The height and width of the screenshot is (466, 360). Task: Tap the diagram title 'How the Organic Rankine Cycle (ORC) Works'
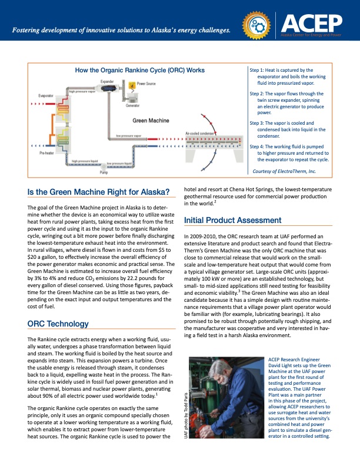click(x=139, y=70)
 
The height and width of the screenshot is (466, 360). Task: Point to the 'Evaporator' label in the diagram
click(x=47, y=95)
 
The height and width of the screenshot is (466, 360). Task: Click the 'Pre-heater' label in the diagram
click(x=46, y=152)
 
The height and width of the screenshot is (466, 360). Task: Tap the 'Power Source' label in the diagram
click(x=146, y=85)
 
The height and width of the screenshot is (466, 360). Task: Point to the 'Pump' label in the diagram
click(x=104, y=173)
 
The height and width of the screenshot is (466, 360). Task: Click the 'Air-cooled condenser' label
click(x=199, y=134)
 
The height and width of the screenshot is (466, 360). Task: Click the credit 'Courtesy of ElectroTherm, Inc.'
click(x=284, y=171)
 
